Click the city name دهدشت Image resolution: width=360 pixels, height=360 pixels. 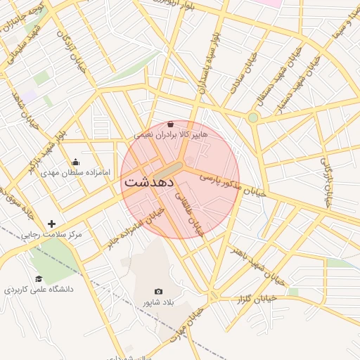(149, 181)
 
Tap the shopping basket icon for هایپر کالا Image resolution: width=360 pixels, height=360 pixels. (170, 124)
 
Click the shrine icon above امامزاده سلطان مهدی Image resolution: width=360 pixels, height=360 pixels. (76, 162)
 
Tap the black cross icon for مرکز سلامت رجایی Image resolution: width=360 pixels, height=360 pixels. (51, 224)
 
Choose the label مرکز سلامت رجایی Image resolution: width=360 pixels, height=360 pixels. (51, 234)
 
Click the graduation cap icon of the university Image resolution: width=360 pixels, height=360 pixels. (39, 278)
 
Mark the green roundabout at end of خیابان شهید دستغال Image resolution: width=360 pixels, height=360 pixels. (252, 117)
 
